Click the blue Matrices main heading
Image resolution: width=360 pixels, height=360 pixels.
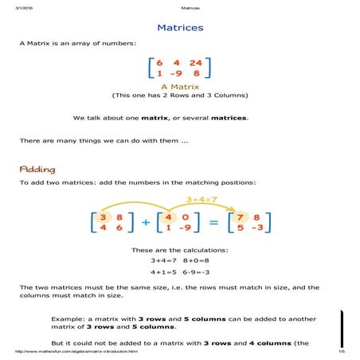point(180,28)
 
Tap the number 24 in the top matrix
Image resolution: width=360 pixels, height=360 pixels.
point(195,62)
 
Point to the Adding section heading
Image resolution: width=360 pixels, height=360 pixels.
point(37,169)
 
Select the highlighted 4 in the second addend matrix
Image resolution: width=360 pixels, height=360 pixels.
point(168,217)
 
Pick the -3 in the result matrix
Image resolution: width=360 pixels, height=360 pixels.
point(256,229)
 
